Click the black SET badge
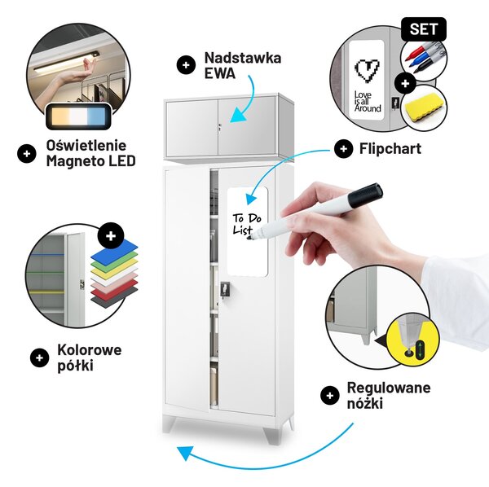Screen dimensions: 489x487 click(x=424, y=29)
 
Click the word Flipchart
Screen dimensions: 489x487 click(x=390, y=148)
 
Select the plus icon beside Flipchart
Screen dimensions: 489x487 click(x=343, y=149)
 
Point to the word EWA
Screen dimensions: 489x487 click(x=220, y=73)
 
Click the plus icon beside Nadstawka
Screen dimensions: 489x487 click(x=186, y=65)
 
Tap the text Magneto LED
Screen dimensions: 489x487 click(x=90, y=161)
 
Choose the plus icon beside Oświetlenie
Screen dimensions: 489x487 click(x=27, y=154)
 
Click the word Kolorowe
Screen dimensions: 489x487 click(x=89, y=350)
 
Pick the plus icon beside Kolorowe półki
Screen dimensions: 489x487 click(x=39, y=358)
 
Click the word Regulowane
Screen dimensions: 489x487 click(x=389, y=388)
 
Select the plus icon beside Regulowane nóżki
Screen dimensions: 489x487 click(x=329, y=396)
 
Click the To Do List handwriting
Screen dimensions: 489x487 click(x=246, y=224)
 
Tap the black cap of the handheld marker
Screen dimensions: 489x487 click(x=365, y=195)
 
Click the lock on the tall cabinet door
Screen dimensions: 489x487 click(x=225, y=290)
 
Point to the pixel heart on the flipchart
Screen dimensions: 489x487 click(x=367, y=70)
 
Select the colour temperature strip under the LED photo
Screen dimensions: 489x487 click(x=78, y=116)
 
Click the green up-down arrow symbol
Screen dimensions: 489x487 click(x=420, y=350)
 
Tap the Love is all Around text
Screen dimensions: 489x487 click(x=368, y=102)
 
